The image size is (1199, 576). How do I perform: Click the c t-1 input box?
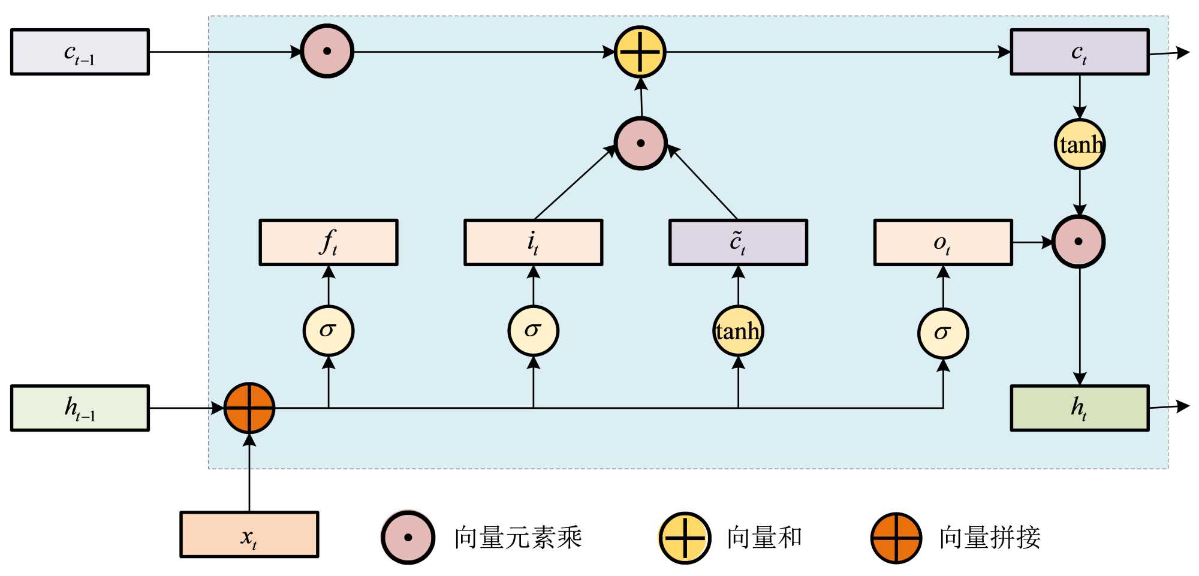click(x=80, y=52)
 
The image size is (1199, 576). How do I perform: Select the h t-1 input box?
click(x=80, y=408)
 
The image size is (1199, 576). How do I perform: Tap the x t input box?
click(x=249, y=535)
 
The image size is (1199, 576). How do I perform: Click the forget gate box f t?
click(x=329, y=242)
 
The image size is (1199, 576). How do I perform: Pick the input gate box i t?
click(x=534, y=242)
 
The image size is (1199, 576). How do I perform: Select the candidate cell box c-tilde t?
click(x=738, y=242)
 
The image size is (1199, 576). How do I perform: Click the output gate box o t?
click(x=943, y=242)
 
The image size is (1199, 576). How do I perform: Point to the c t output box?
click(x=1080, y=52)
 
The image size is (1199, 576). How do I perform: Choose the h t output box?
click(x=1080, y=408)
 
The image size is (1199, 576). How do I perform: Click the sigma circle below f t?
click(x=329, y=331)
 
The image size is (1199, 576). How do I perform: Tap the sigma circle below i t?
click(x=534, y=331)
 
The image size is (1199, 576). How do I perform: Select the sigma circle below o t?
click(x=943, y=333)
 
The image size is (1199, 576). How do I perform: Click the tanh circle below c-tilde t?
click(x=738, y=331)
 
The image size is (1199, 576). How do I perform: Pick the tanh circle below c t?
click(x=1080, y=144)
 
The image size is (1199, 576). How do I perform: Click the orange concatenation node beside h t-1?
click(x=249, y=408)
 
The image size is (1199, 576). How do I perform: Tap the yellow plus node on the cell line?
click(x=640, y=52)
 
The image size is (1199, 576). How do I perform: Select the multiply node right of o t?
click(x=1079, y=242)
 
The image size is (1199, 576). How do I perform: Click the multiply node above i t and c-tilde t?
click(x=640, y=143)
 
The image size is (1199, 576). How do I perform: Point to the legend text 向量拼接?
click(x=990, y=538)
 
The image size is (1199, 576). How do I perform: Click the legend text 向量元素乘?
click(x=518, y=538)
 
